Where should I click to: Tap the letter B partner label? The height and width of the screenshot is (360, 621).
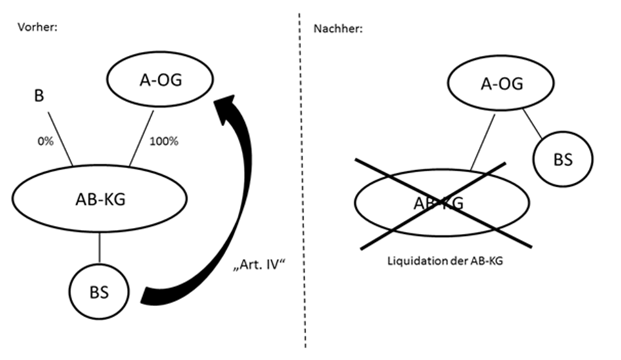click(39, 97)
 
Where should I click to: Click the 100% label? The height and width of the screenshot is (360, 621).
click(164, 141)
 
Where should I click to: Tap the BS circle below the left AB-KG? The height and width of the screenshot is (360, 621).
click(99, 289)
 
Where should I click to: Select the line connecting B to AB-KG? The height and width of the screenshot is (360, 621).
click(61, 139)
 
